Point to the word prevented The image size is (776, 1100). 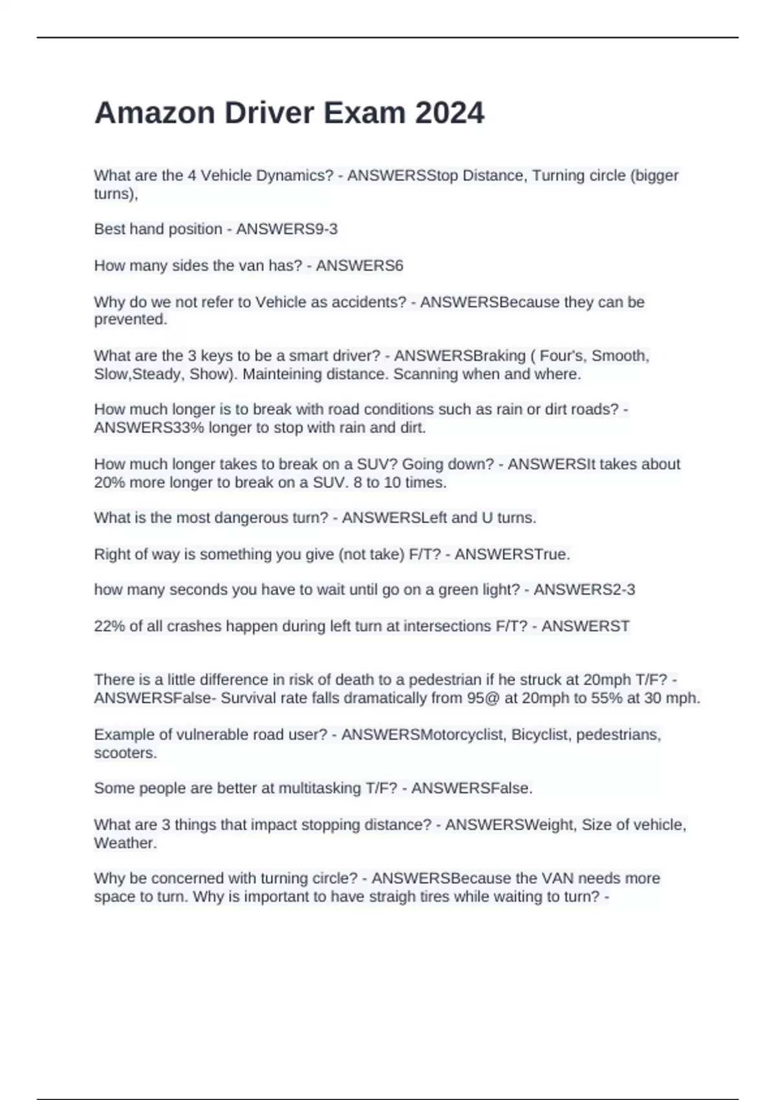[x=131, y=320]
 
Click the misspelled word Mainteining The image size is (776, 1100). [x=282, y=374]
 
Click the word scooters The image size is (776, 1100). [x=125, y=753]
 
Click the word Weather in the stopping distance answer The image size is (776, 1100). [x=125, y=843]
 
